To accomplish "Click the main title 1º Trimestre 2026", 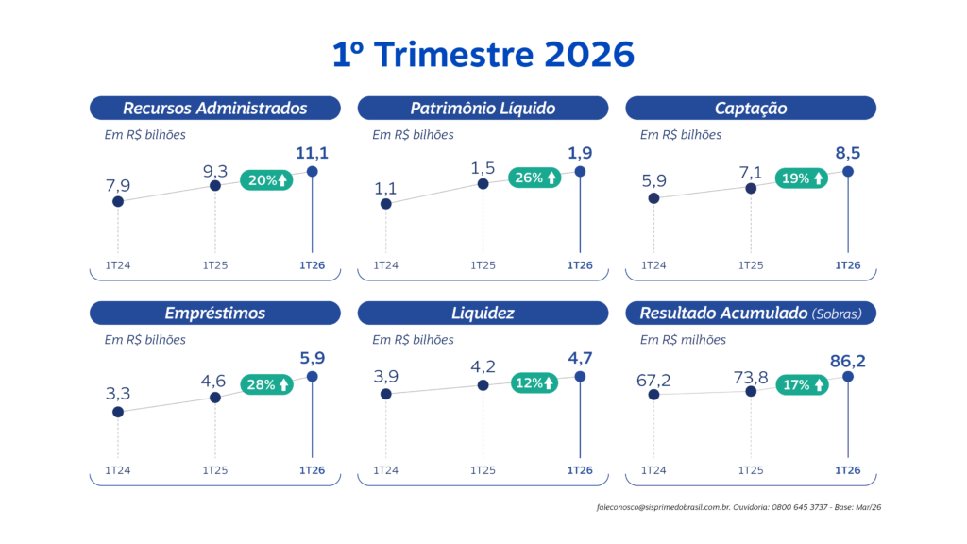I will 483,54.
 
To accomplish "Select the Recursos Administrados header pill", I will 214,108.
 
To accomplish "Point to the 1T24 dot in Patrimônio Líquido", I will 386,203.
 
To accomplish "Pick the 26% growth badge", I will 534,178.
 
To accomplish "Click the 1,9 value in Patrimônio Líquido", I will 580,153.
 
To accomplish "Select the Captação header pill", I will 751,108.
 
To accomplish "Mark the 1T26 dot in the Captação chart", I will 848,171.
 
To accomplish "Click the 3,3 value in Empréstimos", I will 118,393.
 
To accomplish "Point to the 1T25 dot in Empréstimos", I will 215,398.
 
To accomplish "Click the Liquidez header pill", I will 483,313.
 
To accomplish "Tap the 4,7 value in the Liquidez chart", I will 580,357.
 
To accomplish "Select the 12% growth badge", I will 534,382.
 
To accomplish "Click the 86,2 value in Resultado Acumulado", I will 848,357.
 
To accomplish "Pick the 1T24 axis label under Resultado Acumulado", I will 653,470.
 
